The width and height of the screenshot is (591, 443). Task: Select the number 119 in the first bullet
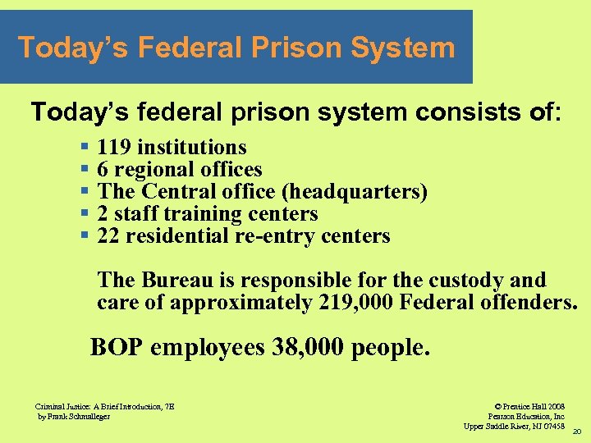(114, 148)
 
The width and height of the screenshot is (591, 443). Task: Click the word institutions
(191, 148)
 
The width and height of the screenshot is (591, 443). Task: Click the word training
(202, 214)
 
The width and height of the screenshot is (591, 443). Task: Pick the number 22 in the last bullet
(108, 236)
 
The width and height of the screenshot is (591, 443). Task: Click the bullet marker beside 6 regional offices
(85, 170)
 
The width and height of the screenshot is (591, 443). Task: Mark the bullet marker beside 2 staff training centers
(85, 214)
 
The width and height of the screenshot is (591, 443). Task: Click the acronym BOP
(117, 348)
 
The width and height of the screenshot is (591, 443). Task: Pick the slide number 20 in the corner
(576, 432)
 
